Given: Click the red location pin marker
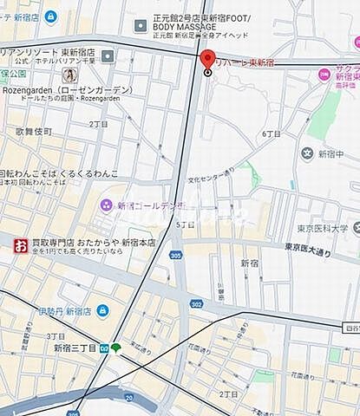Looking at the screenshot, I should (x=207, y=60).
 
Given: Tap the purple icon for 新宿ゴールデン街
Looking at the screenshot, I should (x=106, y=205).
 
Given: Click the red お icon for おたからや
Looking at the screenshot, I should (x=19, y=244).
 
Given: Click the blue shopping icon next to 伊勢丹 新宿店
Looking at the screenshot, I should (x=103, y=310).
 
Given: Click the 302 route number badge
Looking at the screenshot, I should (x=197, y=304).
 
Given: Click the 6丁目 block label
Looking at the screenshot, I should (x=269, y=133).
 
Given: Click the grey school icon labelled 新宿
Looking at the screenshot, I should (x=306, y=153).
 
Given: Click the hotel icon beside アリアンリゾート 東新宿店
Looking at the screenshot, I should (x=108, y=55).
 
